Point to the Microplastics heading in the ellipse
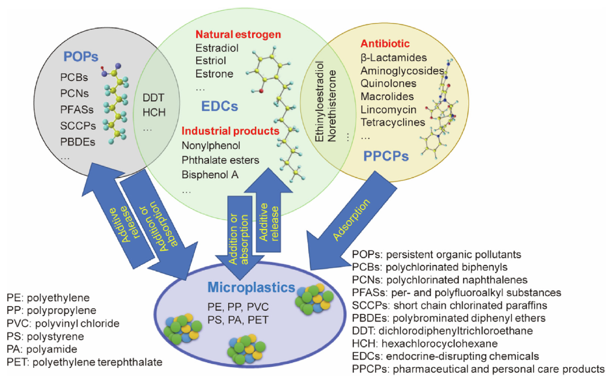(x=251, y=288)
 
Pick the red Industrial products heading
(x=231, y=131)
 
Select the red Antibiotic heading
(x=385, y=44)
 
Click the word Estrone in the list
(x=214, y=74)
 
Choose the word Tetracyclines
(x=393, y=123)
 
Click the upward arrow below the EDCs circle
(x=268, y=214)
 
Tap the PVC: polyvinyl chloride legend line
(x=63, y=324)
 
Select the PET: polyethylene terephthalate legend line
(x=85, y=362)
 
